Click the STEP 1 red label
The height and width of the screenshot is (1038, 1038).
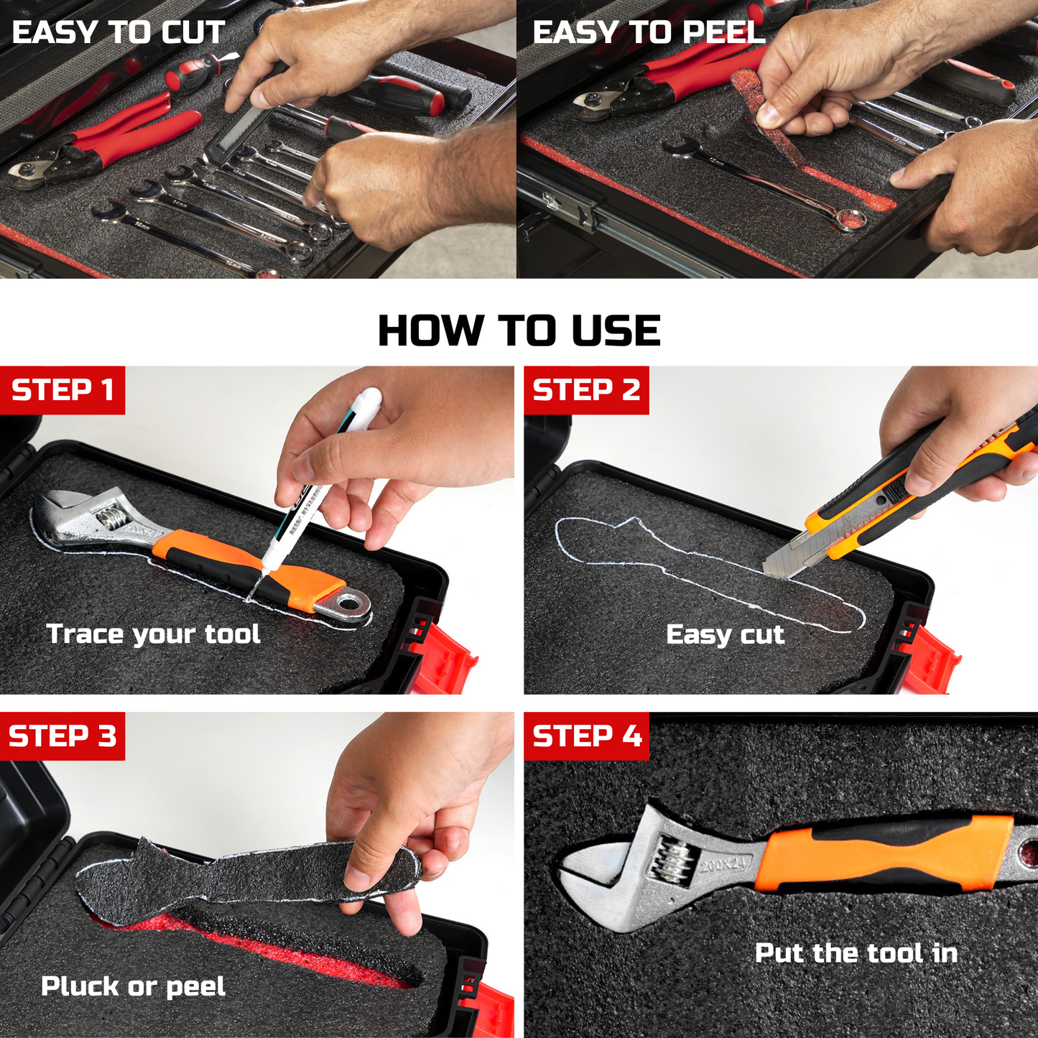pos(62,390)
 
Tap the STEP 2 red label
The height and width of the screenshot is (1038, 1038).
pos(587,390)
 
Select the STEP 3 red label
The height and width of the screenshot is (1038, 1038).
pos(62,736)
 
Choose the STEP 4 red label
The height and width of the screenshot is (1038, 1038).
pos(587,736)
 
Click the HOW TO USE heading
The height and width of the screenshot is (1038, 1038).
pos(519,330)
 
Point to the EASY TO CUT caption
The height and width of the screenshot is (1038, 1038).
pos(119,32)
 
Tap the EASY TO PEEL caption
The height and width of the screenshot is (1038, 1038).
pos(649,32)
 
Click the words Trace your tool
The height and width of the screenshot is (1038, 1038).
pos(154,634)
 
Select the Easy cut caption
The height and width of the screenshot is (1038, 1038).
pos(725,634)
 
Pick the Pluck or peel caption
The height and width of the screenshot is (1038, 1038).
pos(133,987)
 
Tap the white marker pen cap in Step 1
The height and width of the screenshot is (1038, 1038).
pos(366,402)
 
